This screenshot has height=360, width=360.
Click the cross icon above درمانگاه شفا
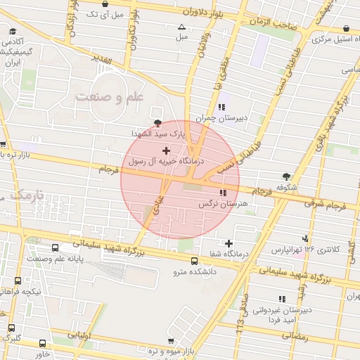pyautogui.click(x=229, y=243)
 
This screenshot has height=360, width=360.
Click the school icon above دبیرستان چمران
pyautogui.click(x=222, y=107)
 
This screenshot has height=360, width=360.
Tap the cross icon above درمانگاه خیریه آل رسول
pyautogui.click(x=166, y=150)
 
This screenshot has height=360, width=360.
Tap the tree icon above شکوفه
pyautogui.click(x=286, y=176)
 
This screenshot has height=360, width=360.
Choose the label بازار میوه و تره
pyautogui.click(x=169, y=350)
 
